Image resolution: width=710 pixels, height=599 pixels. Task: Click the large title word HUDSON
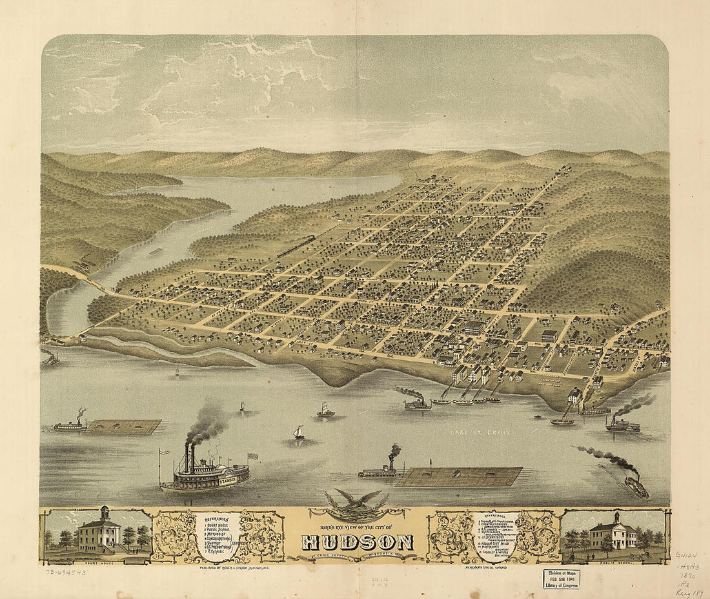click(358, 542)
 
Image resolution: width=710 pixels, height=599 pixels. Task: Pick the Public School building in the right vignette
click(613, 535)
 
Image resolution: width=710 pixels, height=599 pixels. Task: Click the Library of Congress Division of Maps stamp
click(560, 578)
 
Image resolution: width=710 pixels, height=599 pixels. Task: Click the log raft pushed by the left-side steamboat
click(123, 427)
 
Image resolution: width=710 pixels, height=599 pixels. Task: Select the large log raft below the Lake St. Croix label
click(459, 476)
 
